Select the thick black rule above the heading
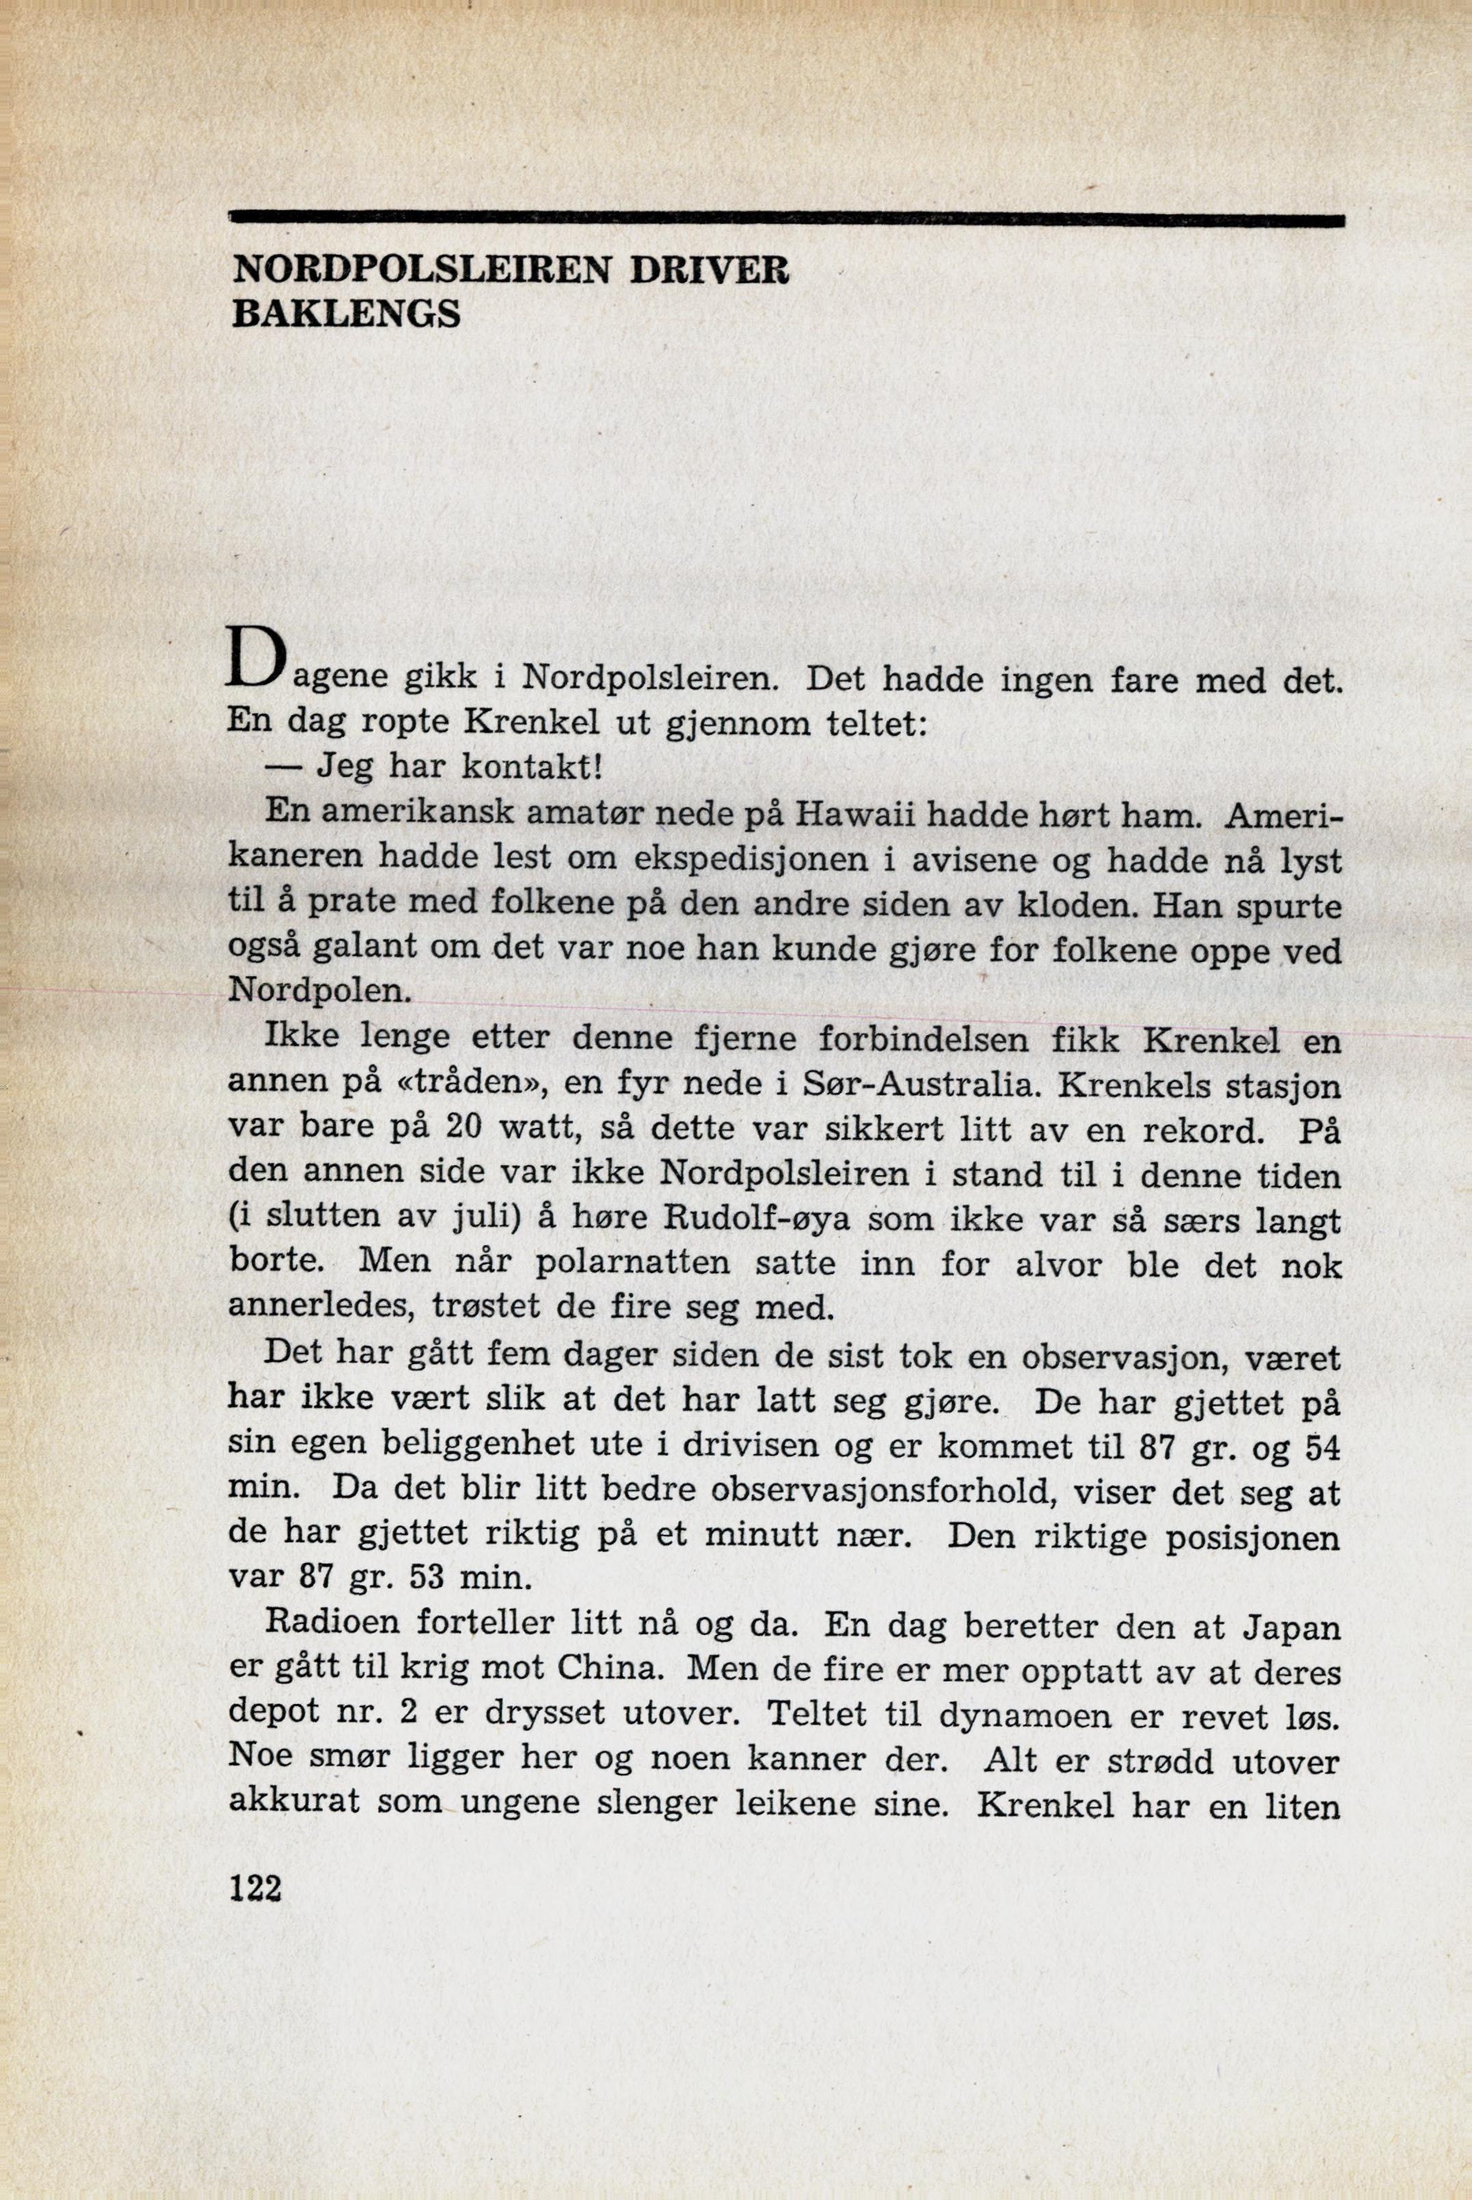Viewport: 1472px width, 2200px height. tap(787, 220)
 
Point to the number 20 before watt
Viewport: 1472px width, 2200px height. tap(464, 1129)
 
